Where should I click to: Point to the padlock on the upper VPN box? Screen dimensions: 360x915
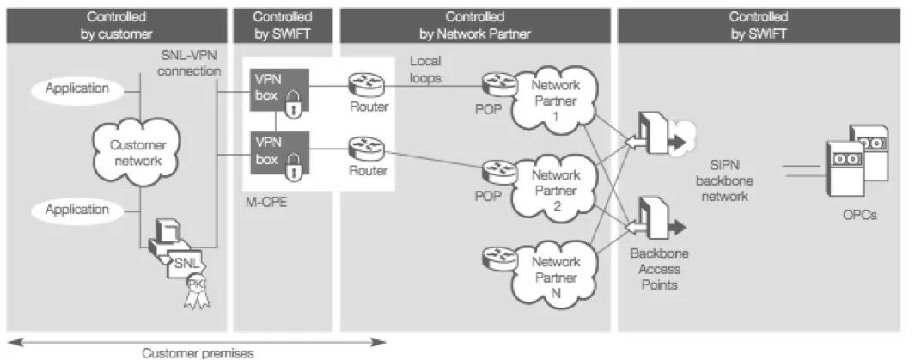click(294, 106)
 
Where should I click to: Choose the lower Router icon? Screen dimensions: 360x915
click(367, 148)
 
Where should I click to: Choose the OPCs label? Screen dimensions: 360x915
click(859, 216)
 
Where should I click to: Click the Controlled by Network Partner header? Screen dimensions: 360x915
click(474, 25)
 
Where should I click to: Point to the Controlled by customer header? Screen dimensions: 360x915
click(116, 25)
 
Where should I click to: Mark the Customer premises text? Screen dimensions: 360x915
click(197, 352)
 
